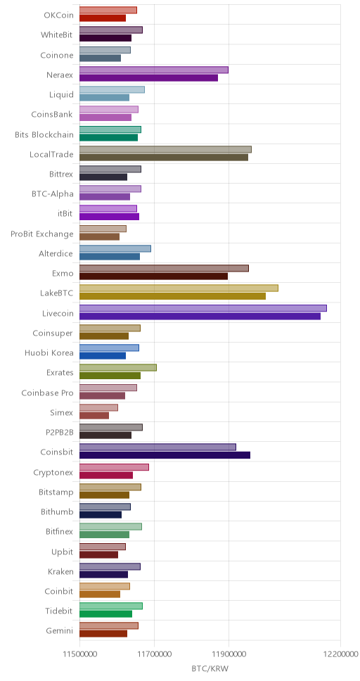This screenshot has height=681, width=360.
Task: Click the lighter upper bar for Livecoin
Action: point(202,308)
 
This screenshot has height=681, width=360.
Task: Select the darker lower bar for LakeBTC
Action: point(172,296)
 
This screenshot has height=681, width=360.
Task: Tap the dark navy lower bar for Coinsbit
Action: point(165,455)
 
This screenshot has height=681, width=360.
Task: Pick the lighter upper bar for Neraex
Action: point(154,70)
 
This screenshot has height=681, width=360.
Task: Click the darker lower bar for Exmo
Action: point(153,276)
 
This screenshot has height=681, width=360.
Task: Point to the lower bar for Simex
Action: point(94,416)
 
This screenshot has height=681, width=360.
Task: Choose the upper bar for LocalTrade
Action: point(165,149)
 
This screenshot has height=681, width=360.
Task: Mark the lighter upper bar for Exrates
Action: point(117,368)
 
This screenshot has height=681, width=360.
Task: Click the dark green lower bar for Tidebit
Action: point(105,614)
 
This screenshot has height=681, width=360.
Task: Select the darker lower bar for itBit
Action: point(109,217)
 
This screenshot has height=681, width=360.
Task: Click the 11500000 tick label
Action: point(79,653)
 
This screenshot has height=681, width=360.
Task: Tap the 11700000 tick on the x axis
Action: point(154,653)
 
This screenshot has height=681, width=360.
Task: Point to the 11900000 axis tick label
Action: point(229,653)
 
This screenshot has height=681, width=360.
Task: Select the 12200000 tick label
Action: point(340,653)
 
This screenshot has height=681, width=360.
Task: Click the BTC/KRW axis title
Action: point(210,668)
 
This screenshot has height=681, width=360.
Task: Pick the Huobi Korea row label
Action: point(49,352)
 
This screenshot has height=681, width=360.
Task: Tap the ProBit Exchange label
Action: point(42,234)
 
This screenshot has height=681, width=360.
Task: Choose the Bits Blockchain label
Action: point(44,134)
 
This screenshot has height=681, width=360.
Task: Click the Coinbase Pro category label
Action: point(47,393)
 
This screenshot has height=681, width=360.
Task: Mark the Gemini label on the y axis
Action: point(60,630)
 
